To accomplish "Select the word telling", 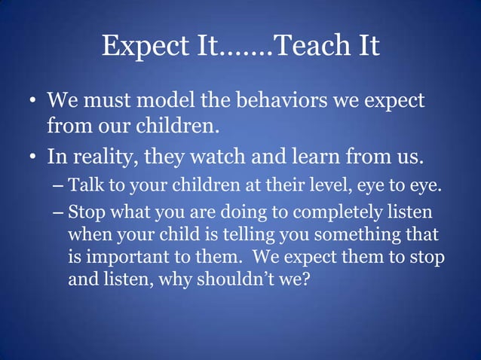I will pos(235,236).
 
